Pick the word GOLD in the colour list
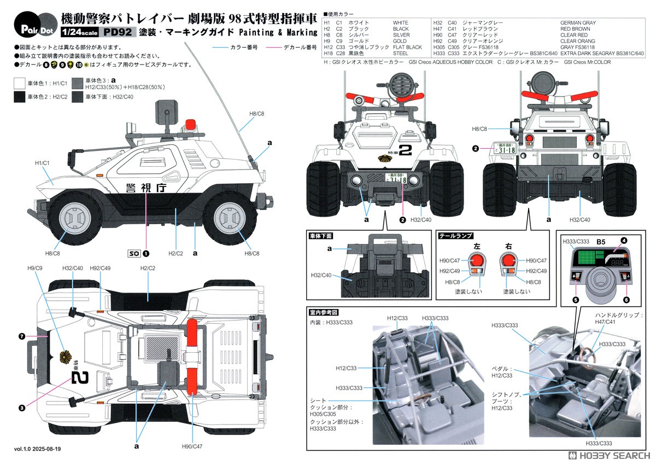[x=400, y=41]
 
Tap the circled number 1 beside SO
[x=146, y=253]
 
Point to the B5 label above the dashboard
[x=600, y=241]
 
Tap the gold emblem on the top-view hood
[x=68, y=358]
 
